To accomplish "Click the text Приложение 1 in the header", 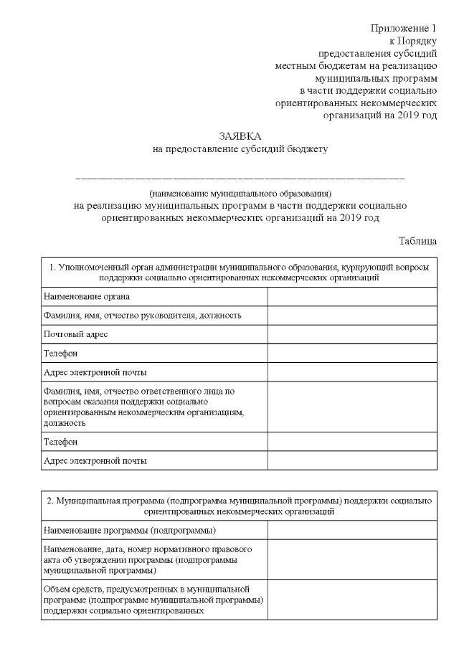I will coord(404,28).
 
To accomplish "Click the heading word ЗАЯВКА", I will coord(240,136).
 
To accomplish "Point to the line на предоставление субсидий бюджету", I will coord(240,149).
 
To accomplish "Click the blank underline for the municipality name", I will coord(240,176).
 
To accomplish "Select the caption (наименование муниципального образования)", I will coord(240,193).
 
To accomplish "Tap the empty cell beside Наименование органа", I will coord(352,296).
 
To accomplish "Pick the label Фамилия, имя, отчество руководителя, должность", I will coord(142,315).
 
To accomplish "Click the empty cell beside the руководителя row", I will coord(352,315).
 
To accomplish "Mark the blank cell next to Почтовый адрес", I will coord(352,334).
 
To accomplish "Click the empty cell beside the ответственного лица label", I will coord(352,407).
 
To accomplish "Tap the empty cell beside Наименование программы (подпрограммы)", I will coord(352,530).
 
